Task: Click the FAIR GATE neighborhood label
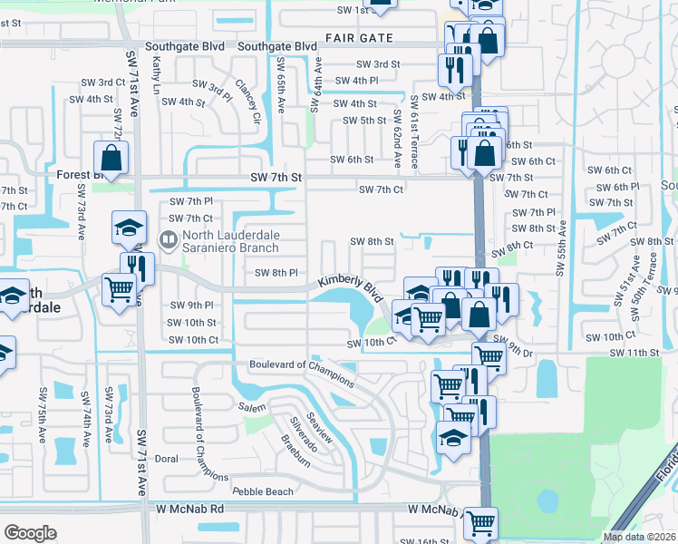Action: point(361,38)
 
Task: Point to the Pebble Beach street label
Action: point(263,491)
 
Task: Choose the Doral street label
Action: point(166,459)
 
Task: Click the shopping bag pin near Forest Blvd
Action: point(110,158)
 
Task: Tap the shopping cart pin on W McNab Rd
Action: point(480,523)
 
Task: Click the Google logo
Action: point(29,533)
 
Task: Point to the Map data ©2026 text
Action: point(639,537)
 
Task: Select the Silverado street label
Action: point(301,434)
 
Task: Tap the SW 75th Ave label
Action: point(42,415)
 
